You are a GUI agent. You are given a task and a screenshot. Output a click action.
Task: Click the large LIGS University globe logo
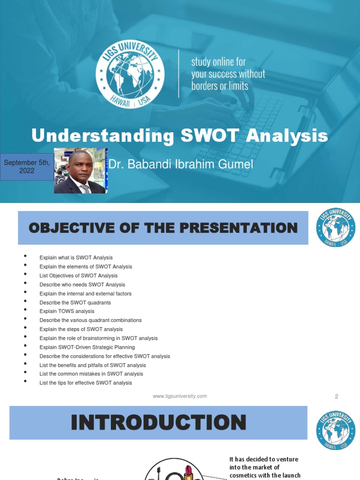tap(130, 74)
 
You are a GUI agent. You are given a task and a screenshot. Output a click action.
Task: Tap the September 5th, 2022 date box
tap(27, 166)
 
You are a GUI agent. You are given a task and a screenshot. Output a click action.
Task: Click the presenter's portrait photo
tap(80, 171)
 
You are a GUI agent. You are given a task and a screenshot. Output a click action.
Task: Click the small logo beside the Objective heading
tap(336, 228)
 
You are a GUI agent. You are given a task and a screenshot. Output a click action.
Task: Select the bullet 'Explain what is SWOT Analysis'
tap(76, 258)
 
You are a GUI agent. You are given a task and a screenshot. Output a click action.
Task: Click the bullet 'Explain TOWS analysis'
tap(67, 311)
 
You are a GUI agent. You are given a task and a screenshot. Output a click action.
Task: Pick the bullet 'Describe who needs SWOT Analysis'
tap(82, 285)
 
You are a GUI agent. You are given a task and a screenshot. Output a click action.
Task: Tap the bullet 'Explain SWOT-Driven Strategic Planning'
tap(87, 347)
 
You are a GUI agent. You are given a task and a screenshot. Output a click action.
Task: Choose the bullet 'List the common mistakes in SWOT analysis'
tap(91, 374)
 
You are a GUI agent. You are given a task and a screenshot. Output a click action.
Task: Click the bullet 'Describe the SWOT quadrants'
tap(75, 302)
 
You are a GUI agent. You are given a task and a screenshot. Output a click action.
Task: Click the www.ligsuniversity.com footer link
tap(180, 396)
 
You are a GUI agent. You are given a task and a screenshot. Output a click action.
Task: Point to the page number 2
tap(336, 396)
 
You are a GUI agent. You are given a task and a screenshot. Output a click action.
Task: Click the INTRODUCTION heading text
tap(158, 422)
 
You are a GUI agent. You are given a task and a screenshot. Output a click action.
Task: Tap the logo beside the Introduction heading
tap(336, 430)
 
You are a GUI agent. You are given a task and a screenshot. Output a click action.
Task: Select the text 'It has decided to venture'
tap(264, 459)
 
